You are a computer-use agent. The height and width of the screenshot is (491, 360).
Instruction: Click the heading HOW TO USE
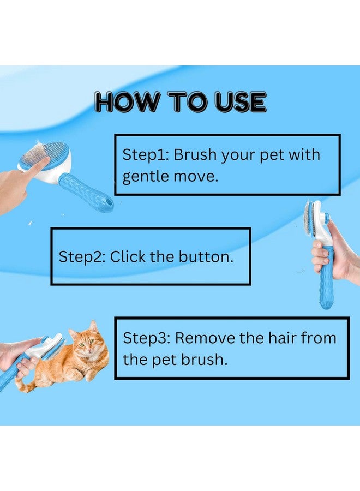[x=180, y=102]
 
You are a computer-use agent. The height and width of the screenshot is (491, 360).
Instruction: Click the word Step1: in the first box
[x=145, y=154]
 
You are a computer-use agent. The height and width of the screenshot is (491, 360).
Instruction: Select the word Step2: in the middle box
[x=82, y=257]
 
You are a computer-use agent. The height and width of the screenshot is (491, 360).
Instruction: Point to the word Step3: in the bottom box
[x=146, y=338]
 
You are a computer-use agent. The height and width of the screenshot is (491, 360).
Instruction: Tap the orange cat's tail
[x=25, y=386]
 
